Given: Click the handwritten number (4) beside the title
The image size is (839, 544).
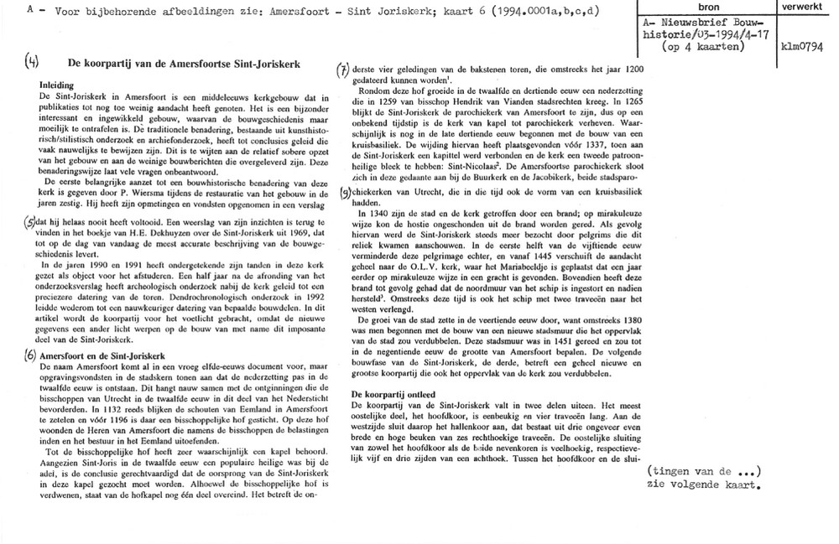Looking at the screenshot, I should click(x=30, y=62).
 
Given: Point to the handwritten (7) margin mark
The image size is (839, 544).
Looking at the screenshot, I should click(x=341, y=70).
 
